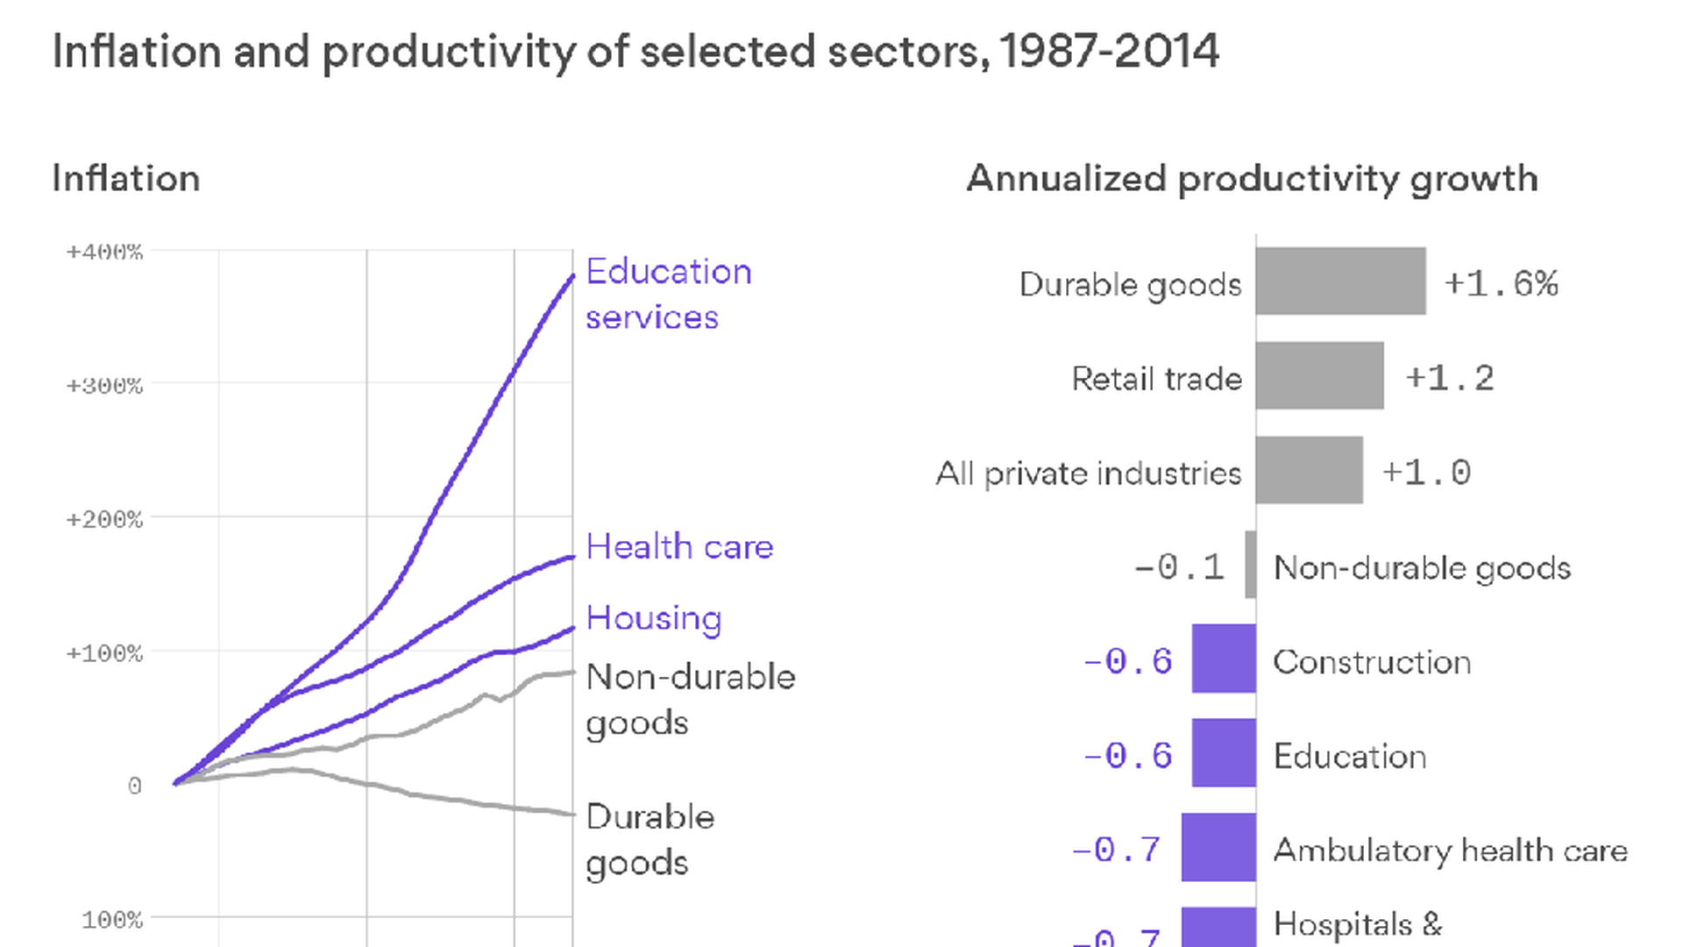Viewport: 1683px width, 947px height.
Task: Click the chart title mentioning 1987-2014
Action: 636,51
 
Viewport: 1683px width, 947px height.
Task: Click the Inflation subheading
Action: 126,179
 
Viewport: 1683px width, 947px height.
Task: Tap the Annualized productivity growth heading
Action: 1252,179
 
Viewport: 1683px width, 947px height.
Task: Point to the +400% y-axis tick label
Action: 104,253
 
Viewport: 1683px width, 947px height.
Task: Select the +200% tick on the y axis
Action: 104,520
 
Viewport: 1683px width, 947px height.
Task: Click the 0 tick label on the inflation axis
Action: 134,786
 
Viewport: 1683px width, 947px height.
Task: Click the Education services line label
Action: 668,295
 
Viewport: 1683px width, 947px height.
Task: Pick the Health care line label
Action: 679,547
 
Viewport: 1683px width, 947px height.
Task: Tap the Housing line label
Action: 654,618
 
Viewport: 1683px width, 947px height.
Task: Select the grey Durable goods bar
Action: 1340,281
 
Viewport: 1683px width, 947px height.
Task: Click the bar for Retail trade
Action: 1319,376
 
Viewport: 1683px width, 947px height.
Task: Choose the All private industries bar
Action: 1309,471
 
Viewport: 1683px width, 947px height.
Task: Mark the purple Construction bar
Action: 1224,659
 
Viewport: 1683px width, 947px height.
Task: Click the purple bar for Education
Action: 1224,753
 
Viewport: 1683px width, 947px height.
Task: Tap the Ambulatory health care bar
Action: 1218,847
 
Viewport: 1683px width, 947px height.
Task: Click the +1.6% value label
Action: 1501,284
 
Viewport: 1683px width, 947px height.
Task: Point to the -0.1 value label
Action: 1179,567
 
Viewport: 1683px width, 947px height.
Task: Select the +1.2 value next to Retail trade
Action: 1450,379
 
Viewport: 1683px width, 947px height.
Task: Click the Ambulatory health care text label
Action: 1450,851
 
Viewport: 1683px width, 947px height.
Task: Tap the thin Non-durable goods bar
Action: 1251,565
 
